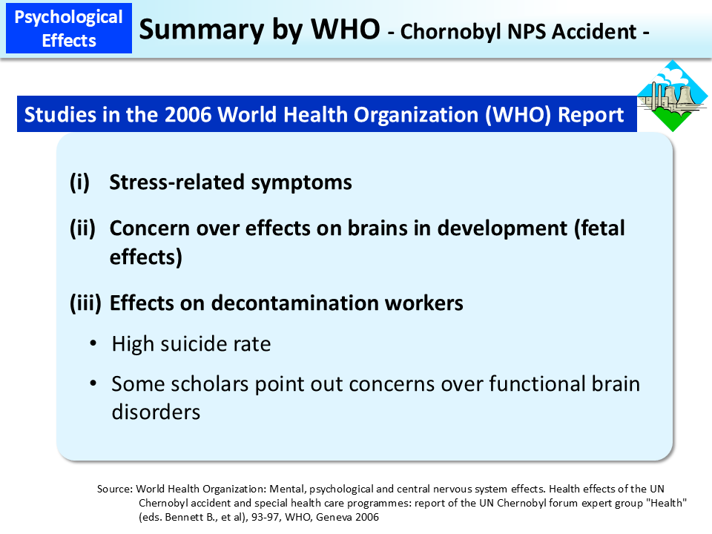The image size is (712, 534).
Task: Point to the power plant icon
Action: point(673,96)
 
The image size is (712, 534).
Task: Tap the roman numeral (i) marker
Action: point(79,182)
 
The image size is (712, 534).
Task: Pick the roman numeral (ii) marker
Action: point(82,228)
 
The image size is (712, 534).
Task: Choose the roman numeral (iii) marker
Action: point(85,303)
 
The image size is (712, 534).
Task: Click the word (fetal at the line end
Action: point(599,228)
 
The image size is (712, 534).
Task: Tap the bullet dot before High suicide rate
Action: point(93,344)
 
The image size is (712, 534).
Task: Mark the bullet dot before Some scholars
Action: point(93,384)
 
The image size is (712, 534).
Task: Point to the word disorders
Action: point(156,412)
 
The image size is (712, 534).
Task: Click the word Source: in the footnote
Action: point(115,489)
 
